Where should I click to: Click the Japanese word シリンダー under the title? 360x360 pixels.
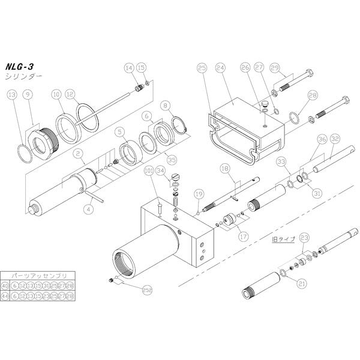pos(23,77)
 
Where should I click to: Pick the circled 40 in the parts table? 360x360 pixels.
pos(5,286)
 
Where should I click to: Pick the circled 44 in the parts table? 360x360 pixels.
pos(5,296)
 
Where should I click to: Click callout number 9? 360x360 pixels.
pos(28,94)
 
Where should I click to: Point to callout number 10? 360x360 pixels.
pos(56,94)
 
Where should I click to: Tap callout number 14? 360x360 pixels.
pos(128,68)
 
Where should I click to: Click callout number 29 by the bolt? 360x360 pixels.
pos(274,67)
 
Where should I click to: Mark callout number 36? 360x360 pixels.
pos(322,139)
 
